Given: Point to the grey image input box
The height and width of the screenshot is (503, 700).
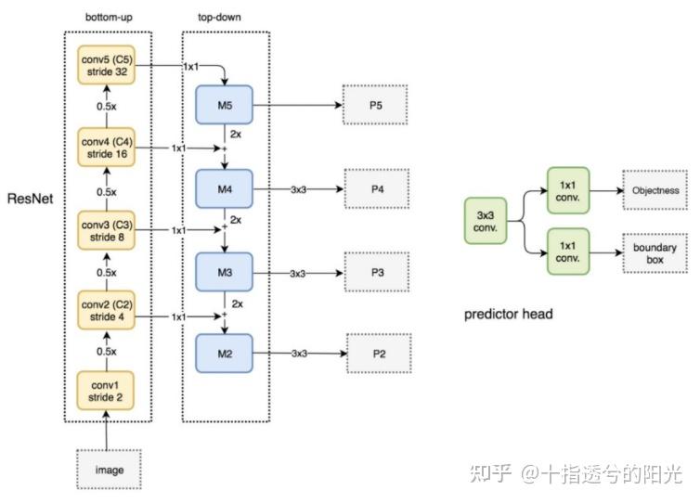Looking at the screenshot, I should [110, 470].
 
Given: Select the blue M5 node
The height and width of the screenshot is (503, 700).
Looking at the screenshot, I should [225, 106].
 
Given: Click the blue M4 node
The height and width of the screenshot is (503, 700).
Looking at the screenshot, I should [225, 189].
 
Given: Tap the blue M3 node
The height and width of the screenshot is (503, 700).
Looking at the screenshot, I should [225, 273].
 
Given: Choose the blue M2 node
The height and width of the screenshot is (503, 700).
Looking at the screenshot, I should [225, 354].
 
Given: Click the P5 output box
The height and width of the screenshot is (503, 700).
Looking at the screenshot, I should [375, 106].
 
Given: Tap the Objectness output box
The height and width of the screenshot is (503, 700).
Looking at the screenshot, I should [655, 190].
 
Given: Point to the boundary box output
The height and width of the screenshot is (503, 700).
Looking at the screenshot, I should [655, 253].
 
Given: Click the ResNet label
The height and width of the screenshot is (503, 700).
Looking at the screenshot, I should [29, 199].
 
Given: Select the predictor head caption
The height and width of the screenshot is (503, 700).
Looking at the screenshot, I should [508, 315].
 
